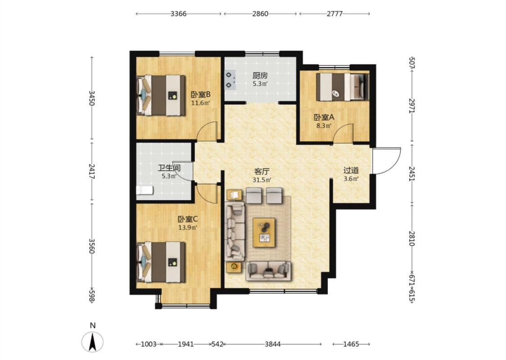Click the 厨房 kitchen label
click(260, 76)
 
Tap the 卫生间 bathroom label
click(169, 168)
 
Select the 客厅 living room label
click(261, 171)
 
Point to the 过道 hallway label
click(351, 170)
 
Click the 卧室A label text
click(324, 117)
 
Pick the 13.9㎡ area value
click(188, 228)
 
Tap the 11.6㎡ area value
click(201, 103)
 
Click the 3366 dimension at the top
click(179, 14)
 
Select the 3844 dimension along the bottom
click(273, 344)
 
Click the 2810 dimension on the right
click(412, 238)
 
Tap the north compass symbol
click(93, 341)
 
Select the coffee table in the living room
click(264, 233)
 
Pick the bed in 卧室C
click(161, 262)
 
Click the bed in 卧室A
click(342, 87)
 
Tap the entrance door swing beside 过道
click(387, 161)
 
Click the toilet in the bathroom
click(144, 190)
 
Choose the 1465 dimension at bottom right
click(351, 344)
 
